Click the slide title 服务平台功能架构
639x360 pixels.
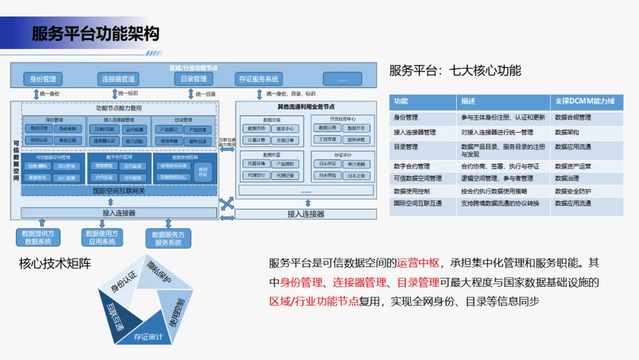[95, 33]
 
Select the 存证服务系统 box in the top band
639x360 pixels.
[259, 79]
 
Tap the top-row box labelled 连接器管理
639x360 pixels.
[118, 79]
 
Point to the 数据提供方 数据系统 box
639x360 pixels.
[38, 237]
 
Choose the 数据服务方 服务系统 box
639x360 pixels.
[168, 239]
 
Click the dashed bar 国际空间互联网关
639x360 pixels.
[119, 191]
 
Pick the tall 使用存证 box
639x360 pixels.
[203, 172]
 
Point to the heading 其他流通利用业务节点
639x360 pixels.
[306, 107]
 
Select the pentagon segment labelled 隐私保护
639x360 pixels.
[159, 272]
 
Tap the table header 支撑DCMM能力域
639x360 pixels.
[585, 101]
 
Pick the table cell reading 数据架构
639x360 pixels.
[567, 132]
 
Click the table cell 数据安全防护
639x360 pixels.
[573, 191]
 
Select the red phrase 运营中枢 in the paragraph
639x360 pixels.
[418, 263]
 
